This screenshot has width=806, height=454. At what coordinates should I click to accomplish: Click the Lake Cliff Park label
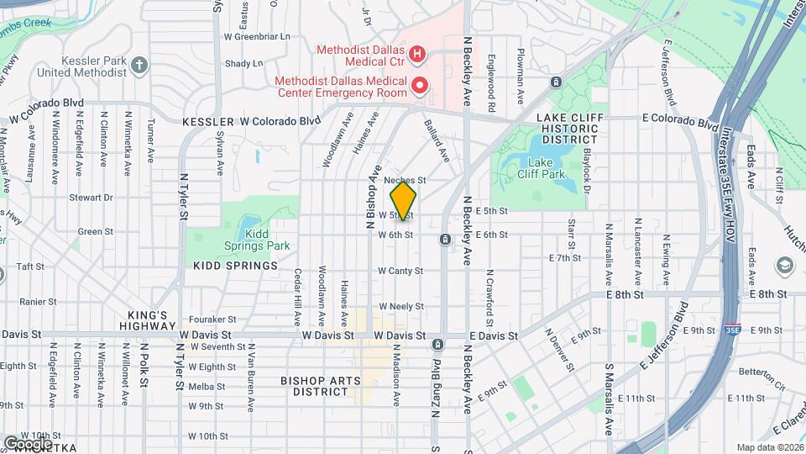click(x=547, y=168)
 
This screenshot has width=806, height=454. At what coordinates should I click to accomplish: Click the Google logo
click(x=28, y=443)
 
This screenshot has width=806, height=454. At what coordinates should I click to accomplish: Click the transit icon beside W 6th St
click(x=444, y=240)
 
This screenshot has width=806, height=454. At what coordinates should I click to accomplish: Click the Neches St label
click(x=406, y=180)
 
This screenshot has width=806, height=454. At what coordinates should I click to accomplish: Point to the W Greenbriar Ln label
click(x=256, y=37)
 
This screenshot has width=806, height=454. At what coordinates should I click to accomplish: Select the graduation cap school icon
click(x=784, y=266)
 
